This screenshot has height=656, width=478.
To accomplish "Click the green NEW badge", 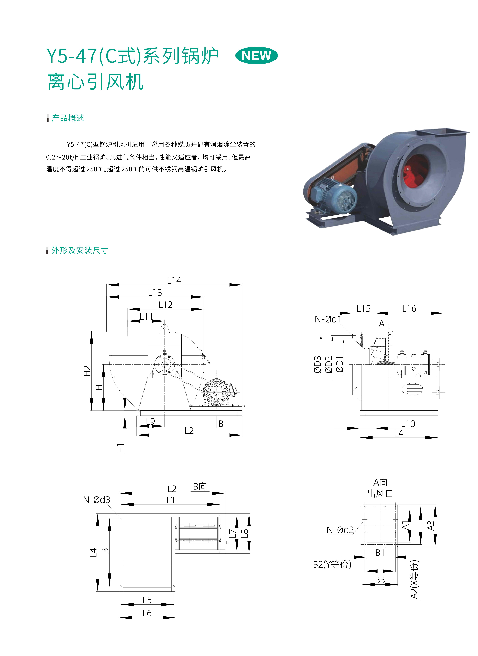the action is pyautogui.click(x=256, y=56).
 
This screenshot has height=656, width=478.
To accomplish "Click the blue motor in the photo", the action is pyautogui.click(x=336, y=195).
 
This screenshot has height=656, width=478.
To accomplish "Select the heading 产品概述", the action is pyautogui.click(x=68, y=118).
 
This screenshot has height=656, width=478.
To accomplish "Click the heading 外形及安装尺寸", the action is pyautogui.click(x=80, y=250).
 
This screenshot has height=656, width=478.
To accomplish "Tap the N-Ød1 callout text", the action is pyautogui.click(x=328, y=319).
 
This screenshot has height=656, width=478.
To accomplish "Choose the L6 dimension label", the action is pyautogui.click(x=147, y=613).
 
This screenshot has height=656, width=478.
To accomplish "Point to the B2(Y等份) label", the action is pyautogui.click(x=332, y=564).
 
